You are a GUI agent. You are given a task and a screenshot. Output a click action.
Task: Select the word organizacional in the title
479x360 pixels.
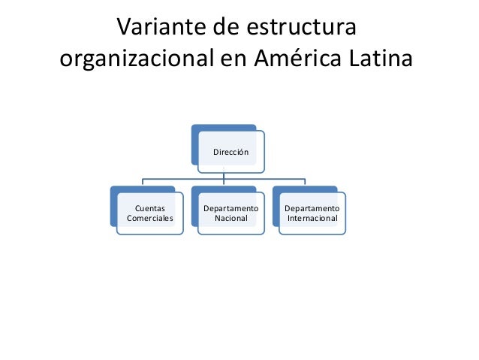(136, 59)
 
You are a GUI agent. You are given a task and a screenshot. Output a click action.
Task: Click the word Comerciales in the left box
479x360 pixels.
(149, 219)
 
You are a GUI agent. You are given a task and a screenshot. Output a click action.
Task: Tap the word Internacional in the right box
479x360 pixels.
(312, 219)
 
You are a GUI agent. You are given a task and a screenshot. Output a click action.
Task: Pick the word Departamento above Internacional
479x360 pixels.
(312, 207)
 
